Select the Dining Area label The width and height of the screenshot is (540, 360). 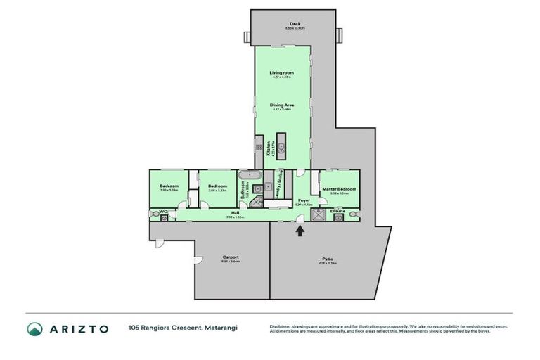coord(281,105)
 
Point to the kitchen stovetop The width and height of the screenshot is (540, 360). coord(259,147)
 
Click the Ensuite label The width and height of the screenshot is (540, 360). coord(337,210)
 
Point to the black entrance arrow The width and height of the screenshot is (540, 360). coord(300,230)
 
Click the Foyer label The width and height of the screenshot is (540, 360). coord(304,201)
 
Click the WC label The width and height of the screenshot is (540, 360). coord(162,211)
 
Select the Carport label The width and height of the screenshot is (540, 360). coord(231,257)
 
